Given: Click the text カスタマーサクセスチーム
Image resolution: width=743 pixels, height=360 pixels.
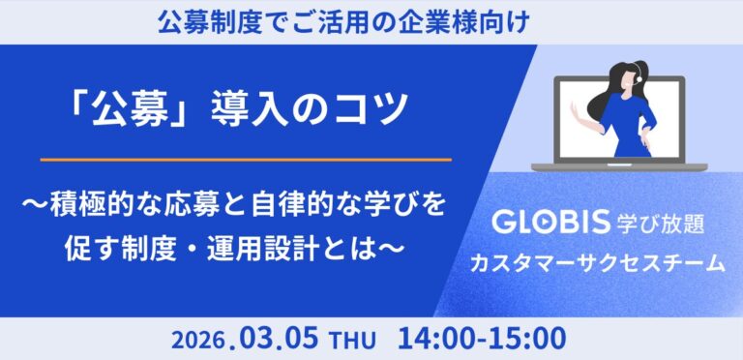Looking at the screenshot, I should click(x=596, y=262).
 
